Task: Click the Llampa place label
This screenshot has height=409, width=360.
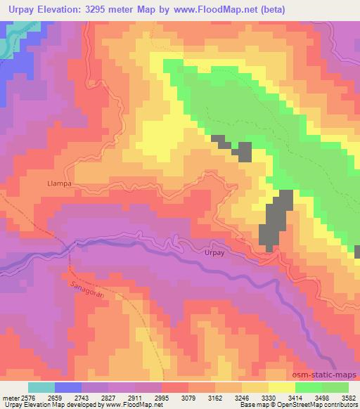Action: pyautogui.click(x=59, y=183)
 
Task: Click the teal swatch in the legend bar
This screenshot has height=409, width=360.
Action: pyautogui.click(x=41, y=387)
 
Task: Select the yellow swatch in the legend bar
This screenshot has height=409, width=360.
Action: pyautogui.click(x=281, y=387)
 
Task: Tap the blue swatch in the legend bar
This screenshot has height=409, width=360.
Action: pyautogui.click(x=67, y=387)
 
